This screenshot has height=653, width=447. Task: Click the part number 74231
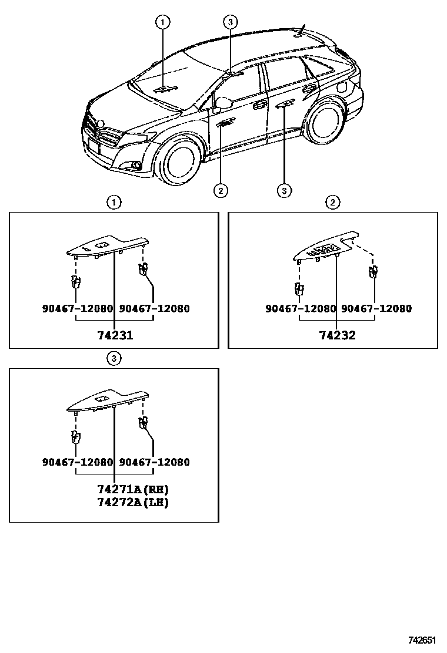coord(115,336)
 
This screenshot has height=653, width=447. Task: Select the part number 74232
coord(337,336)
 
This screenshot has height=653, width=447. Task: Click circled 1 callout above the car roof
coord(162,22)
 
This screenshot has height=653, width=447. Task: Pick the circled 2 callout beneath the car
coord(221,190)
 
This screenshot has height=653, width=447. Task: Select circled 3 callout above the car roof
coord(231,22)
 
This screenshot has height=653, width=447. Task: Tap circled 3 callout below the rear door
coord(284,190)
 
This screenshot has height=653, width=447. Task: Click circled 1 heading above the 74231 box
coord(114,203)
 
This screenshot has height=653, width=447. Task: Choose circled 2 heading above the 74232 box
coord(332,203)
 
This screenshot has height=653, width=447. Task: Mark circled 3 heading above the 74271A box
coord(114,358)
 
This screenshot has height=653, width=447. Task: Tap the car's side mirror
coord(223,103)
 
